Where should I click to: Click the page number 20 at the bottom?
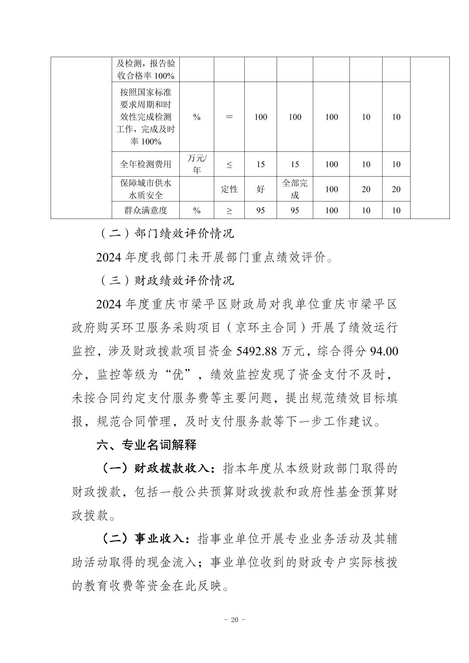(x=234, y=620)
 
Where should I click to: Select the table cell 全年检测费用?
(x=146, y=164)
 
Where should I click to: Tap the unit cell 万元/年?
(x=197, y=164)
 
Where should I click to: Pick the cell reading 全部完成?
(x=294, y=189)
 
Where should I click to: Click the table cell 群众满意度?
(x=146, y=210)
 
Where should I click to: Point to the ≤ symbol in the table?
(x=229, y=164)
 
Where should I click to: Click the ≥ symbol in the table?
(x=229, y=210)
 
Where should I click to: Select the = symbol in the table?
(x=229, y=117)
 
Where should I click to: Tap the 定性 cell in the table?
(x=229, y=189)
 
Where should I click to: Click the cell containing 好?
(x=260, y=189)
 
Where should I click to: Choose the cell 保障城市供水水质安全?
(x=146, y=189)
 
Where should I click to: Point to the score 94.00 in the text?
(x=383, y=352)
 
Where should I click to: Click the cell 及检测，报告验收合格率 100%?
(x=146, y=69)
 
